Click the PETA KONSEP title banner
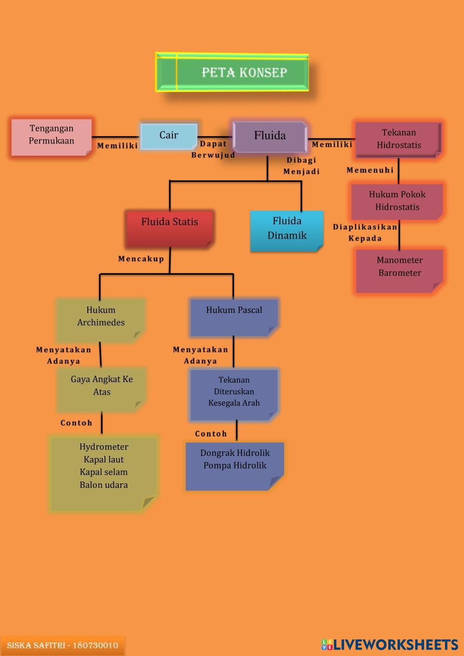232,72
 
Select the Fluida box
269,136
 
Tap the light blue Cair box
169,136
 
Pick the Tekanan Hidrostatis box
398,139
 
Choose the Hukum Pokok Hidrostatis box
397,201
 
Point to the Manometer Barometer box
399,270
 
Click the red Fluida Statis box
170,227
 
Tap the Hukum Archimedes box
101,319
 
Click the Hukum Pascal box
234,317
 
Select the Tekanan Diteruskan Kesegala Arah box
234,394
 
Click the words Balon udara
104,485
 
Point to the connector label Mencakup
141,259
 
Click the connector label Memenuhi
370,170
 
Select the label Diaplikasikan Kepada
365,233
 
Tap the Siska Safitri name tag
62,646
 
